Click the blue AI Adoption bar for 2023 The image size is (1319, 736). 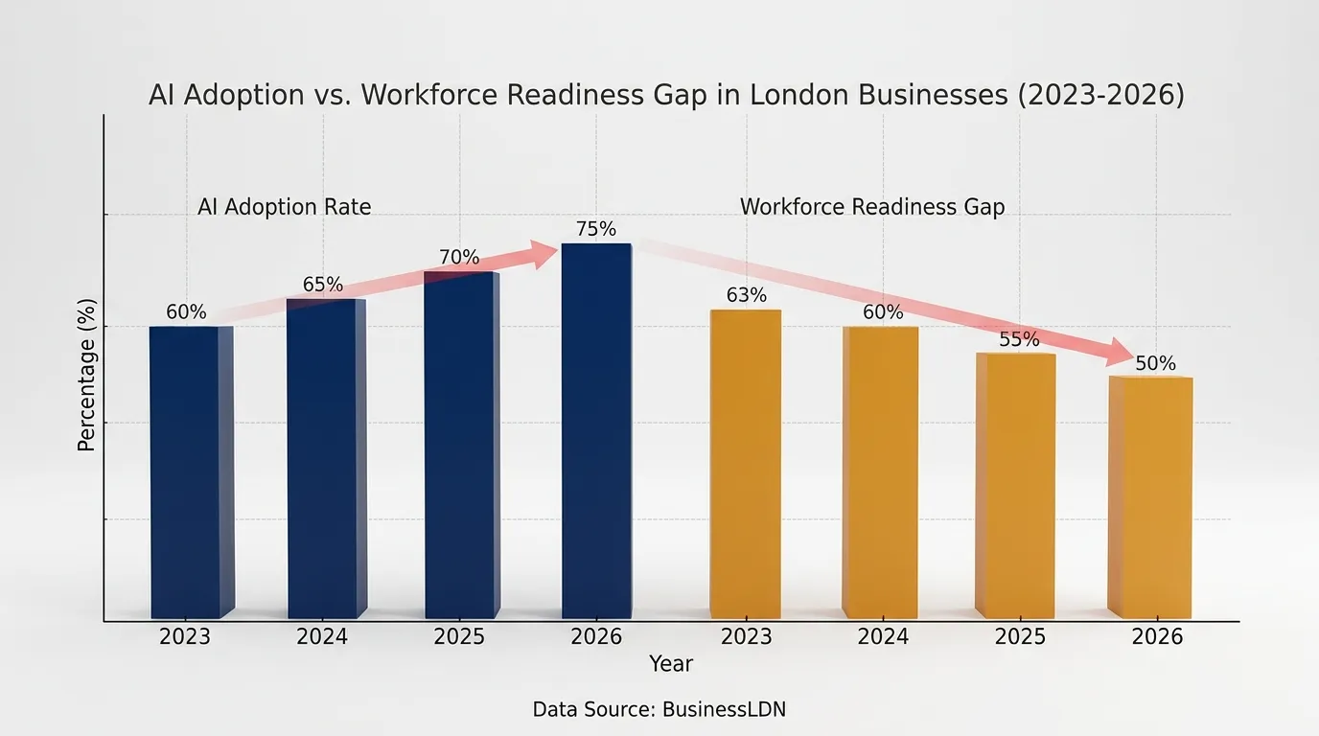tap(192, 472)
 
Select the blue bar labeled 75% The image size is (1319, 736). tap(596, 430)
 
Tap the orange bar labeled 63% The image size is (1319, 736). tap(746, 464)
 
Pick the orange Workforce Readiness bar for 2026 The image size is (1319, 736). tap(1150, 497)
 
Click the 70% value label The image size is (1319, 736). tap(459, 257)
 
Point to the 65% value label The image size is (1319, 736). tap(323, 285)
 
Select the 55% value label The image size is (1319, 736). tap(1019, 339)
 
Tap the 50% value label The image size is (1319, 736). tap(1155, 363)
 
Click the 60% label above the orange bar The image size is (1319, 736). tap(883, 311)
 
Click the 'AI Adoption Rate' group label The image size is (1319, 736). tap(285, 207)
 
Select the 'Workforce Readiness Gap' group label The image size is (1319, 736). tap(872, 207)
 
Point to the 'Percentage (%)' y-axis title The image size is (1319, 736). tap(86, 375)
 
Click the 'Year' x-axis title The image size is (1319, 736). tap(671, 663)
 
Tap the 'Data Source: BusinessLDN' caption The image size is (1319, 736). tap(659, 709)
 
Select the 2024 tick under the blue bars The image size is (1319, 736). tap(321, 636)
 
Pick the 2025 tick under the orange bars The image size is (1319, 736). tap(1020, 636)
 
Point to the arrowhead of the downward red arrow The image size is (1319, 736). tap(1120, 354)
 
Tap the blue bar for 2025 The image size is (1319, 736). tap(462, 445)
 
